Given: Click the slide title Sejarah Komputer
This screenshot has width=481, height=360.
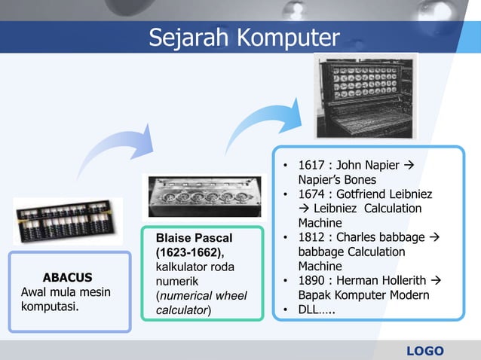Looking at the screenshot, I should [244, 37].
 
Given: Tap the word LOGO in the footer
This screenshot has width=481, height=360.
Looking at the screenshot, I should [425, 351].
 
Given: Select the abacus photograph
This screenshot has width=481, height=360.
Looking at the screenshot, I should [68, 220].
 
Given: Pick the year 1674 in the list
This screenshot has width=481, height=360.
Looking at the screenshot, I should [313, 194].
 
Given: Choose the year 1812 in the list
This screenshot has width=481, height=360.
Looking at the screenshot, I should [313, 238].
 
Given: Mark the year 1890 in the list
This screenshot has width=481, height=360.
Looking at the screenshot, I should [313, 281].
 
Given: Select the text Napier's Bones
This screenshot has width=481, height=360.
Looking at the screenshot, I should [336, 180].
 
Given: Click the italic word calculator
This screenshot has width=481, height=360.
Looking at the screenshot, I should [182, 310].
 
